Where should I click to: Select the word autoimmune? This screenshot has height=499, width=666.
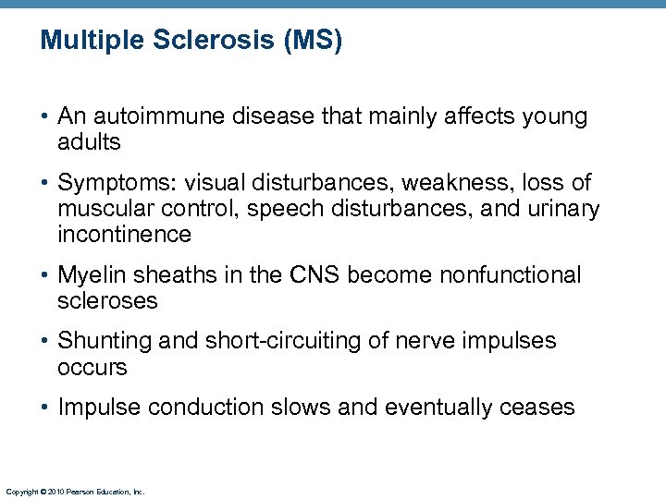click(161, 116)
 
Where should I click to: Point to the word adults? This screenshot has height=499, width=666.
click(90, 142)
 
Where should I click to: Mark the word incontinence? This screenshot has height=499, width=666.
click(124, 235)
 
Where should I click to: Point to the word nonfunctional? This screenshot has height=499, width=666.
click(511, 275)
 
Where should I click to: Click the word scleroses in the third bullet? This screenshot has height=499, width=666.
click(107, 301)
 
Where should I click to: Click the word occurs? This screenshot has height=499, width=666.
click(92, 367)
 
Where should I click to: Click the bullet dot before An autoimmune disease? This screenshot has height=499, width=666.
click(45, 117)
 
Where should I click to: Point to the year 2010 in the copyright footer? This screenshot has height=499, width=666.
click(54, 493)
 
